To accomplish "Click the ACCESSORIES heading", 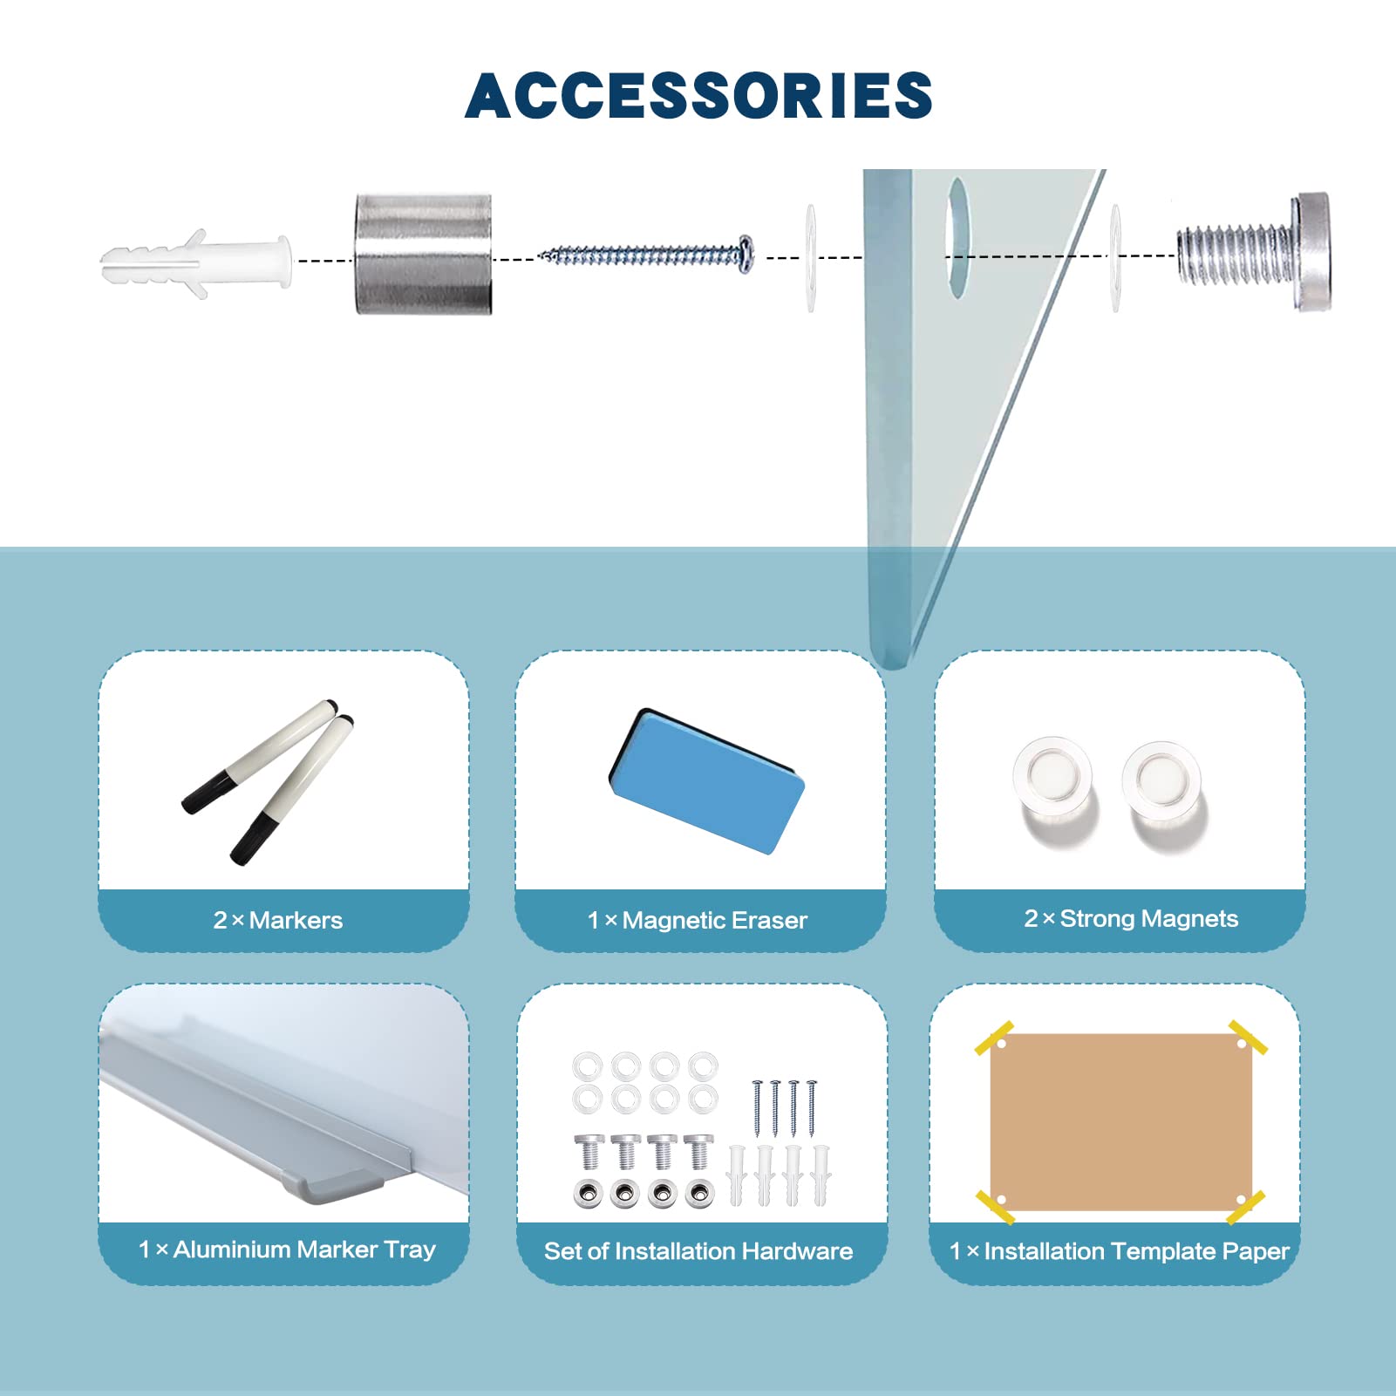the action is pos(698,95).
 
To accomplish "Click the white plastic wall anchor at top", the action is pos(196,263).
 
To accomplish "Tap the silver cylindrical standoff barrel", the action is pos(423,254).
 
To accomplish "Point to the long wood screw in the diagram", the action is pos(646,255).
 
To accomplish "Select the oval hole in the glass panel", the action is pos(957,237).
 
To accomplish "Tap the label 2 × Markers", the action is pos(278,920).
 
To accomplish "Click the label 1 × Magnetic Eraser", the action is pos(698,920).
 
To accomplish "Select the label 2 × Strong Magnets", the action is pos(1131,918).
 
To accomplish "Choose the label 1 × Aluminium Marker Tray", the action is pos(287,1250).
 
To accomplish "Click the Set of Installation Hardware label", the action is pos(698,1251).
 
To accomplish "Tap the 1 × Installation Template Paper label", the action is pos(1119,1251).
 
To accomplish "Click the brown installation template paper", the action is pos(1121,1121).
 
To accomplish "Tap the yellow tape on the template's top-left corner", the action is pos(994,1038).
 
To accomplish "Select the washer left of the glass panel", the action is pos(811,258).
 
